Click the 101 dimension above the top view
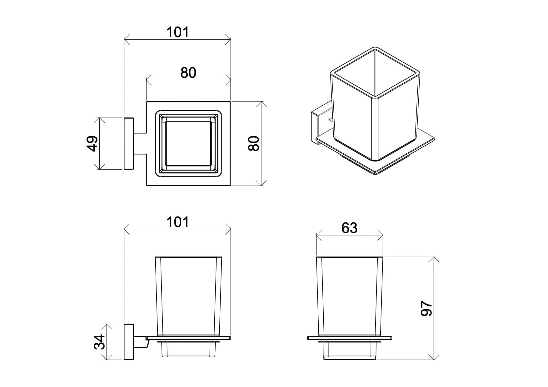(177, 32)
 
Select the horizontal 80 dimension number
(188, 72)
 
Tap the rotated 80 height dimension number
(254, 143)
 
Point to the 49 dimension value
(92, 143)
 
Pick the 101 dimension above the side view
(177, 222)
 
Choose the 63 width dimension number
(349, 228)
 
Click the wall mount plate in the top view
(129, 143)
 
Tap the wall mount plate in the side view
(129, 342)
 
